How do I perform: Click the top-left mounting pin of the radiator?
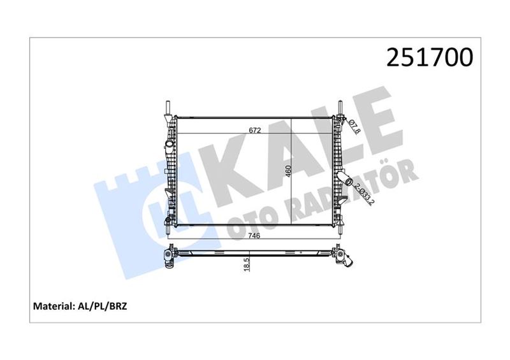point(166,107)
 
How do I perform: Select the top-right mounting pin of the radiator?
point(340,107)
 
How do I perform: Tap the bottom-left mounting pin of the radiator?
point(168,227)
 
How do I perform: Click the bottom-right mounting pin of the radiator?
point(340,227)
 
